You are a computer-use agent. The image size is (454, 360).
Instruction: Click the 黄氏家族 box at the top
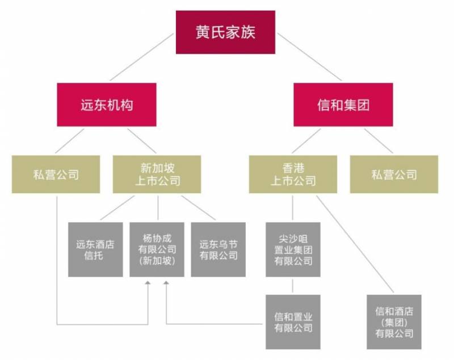point(225,32)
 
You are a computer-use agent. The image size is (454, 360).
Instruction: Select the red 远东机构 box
point(106,105)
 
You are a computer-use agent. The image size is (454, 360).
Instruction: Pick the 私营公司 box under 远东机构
point(56,174)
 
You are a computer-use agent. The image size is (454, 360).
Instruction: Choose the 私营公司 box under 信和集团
point(394,174)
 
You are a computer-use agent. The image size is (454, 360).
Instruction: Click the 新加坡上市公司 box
point(157,174)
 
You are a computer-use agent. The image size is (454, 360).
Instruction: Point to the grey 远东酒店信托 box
point(95,249)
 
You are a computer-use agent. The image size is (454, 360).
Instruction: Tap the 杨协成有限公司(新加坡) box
point(157,249)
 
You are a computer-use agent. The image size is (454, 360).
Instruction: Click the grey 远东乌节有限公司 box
point(218,249)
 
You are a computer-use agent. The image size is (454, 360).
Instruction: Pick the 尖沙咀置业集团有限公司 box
point(293,249)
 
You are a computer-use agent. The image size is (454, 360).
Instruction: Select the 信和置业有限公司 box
point(293,321)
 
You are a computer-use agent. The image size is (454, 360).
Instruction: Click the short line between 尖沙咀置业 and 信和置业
point(293,286)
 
